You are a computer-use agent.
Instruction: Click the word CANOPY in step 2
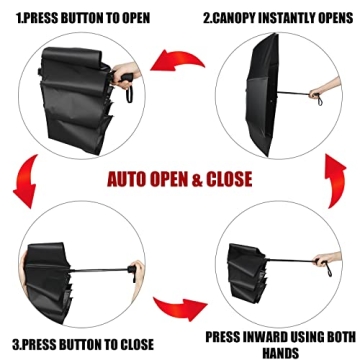(239, 17)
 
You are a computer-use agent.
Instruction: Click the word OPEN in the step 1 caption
(136, 17)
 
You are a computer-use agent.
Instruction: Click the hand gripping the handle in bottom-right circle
(322, 264)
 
